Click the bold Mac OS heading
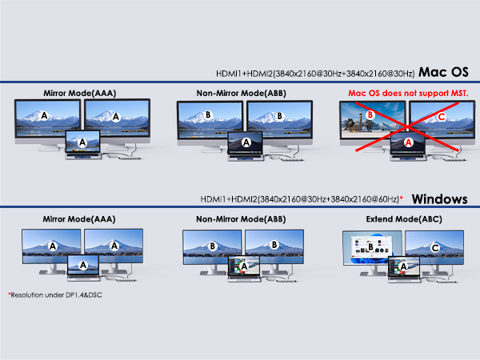coord(444,72)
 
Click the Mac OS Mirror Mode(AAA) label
coord(79,93)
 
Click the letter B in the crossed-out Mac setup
coord(371,116)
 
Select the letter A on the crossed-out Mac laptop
coord(408,142)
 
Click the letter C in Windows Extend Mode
coord(434,248)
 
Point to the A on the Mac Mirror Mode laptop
coord(82,142)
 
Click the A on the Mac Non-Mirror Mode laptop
coord(246,142)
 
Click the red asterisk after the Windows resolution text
coord(400,197)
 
